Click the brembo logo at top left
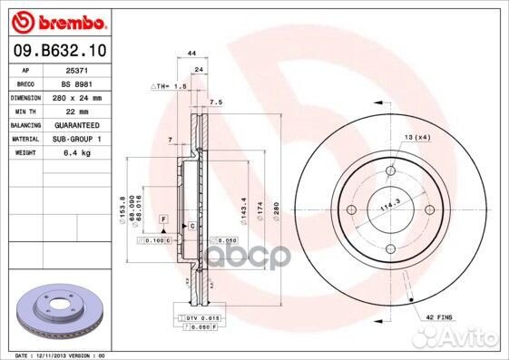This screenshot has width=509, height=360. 57,21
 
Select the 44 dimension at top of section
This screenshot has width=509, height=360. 191,54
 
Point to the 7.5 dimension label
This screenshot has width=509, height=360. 216,102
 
